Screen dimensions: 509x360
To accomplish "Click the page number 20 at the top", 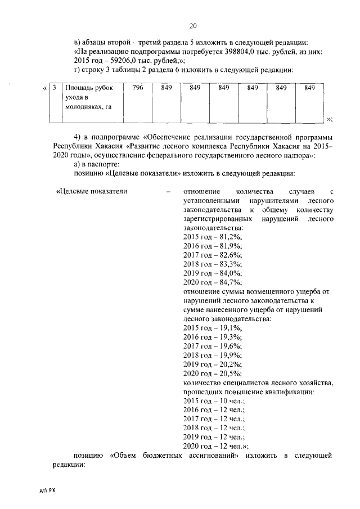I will [x=192, y=25].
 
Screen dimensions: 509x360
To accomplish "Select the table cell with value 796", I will [x=138, y=88].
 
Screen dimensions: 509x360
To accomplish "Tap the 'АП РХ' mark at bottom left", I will [x=48, y=490].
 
